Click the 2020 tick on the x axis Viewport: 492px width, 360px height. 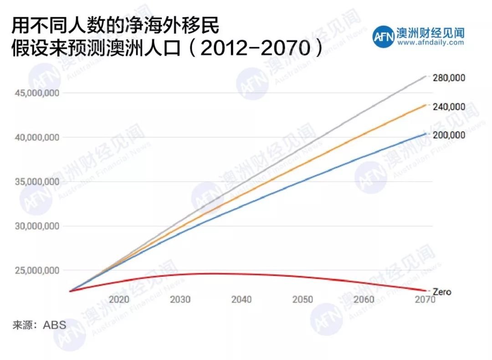(119, 299)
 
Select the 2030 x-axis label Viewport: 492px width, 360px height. (180, 299)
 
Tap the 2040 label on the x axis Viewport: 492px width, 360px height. (241, 299)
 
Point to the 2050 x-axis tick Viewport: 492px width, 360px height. (303, 299)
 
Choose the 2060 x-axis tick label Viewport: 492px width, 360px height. (364, 299)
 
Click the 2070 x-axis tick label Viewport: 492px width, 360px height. (425, 299)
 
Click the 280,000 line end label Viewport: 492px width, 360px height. (449, 78)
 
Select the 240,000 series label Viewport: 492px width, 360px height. (449, 107)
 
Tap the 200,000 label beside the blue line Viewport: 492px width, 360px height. (449, 135)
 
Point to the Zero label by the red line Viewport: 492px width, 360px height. (441, 291)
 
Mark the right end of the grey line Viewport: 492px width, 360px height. (425, 76)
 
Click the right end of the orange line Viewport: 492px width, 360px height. (425, 105)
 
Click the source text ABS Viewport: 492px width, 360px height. (55, 325)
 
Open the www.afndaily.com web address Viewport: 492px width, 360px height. (430, 42)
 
